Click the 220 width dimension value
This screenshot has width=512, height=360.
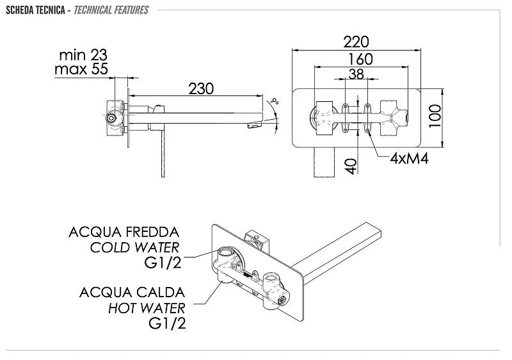(356, 42)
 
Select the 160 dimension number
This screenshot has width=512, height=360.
(360, 59)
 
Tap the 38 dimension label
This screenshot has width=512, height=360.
(356, 74)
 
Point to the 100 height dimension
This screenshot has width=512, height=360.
(435, 116)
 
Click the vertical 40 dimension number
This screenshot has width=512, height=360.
(350, 167)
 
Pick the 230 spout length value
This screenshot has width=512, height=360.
(201, 88)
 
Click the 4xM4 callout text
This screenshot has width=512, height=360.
(409, 158)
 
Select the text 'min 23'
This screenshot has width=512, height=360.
(83, 54)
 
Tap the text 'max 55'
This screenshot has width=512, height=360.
(81, 69)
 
